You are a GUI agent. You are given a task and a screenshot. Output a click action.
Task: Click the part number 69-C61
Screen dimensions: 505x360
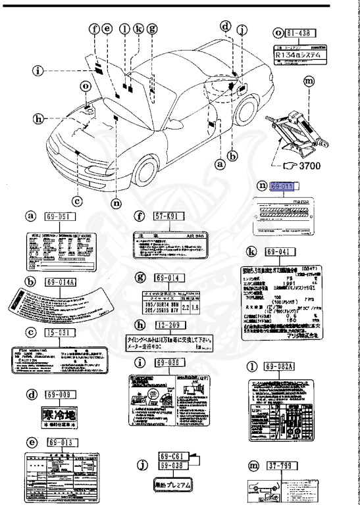pyautogui.click(x=172, y=455)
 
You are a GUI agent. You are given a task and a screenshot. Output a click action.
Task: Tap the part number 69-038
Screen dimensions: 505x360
pyautogui.click(x=172, y=466)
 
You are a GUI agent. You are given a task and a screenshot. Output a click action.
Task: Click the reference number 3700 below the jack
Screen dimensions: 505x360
pyautogui.click(x=307, y=166)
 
